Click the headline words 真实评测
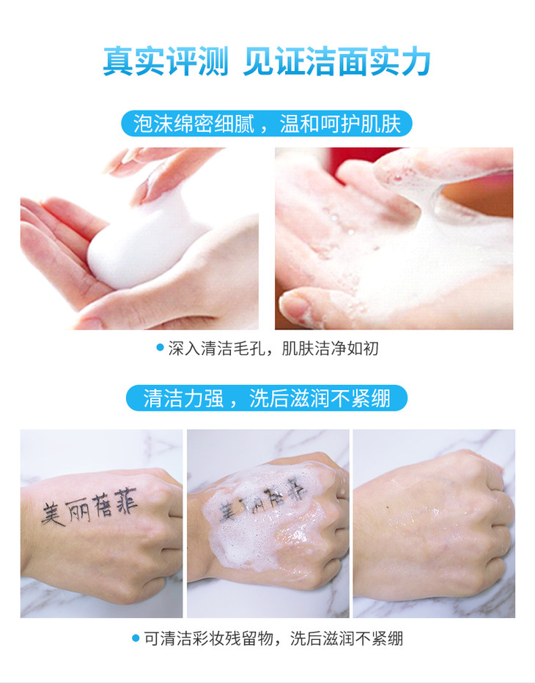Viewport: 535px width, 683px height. (166, 61)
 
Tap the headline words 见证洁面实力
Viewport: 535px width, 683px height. (336, 61)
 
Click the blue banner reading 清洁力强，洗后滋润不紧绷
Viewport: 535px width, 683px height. (267, 398)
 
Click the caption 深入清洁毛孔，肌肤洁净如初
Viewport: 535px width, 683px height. (273, 348)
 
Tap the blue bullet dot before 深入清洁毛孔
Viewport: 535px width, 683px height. (160, 348)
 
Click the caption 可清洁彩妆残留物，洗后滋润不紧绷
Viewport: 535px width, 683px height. (273, 638)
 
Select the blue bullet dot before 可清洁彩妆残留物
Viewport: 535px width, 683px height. (136, 638)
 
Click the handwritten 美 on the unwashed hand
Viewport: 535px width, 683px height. (53, 514)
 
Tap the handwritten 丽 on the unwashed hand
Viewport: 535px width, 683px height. (78, 510)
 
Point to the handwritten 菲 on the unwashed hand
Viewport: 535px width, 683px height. (125, 501)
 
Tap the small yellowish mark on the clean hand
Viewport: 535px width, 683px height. (388, 507)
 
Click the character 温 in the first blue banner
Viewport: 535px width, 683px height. (289, 123)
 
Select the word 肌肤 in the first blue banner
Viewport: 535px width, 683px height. (380, 123)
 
